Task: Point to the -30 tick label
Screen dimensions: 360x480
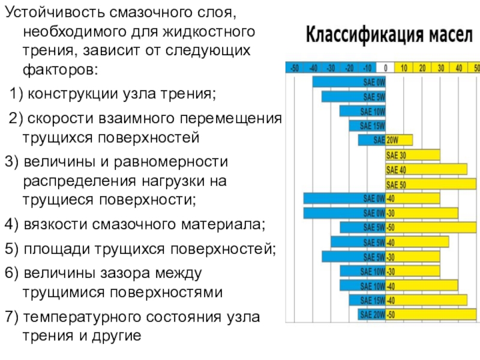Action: click(331, 67)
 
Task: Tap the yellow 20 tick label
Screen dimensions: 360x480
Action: click(422, 67)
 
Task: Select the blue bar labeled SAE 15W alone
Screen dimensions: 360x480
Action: click(367, 125)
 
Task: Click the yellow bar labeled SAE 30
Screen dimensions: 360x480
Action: click(413, 155)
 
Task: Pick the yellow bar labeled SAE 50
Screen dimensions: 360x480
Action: click(431, 184)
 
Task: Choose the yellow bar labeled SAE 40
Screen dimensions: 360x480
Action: click(426, 169)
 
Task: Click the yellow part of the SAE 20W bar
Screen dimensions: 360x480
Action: click(399, 140)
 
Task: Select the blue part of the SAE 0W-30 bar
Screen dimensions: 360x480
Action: click(344, 213)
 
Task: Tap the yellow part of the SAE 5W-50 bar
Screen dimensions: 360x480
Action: click(431, 227)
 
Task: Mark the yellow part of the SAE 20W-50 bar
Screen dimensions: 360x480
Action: click(431, 314)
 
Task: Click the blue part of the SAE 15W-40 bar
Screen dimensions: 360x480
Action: click(367, 300)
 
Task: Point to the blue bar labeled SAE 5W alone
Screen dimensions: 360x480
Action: click(353, 97)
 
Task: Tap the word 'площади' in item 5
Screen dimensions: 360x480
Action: click(52, 250)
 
